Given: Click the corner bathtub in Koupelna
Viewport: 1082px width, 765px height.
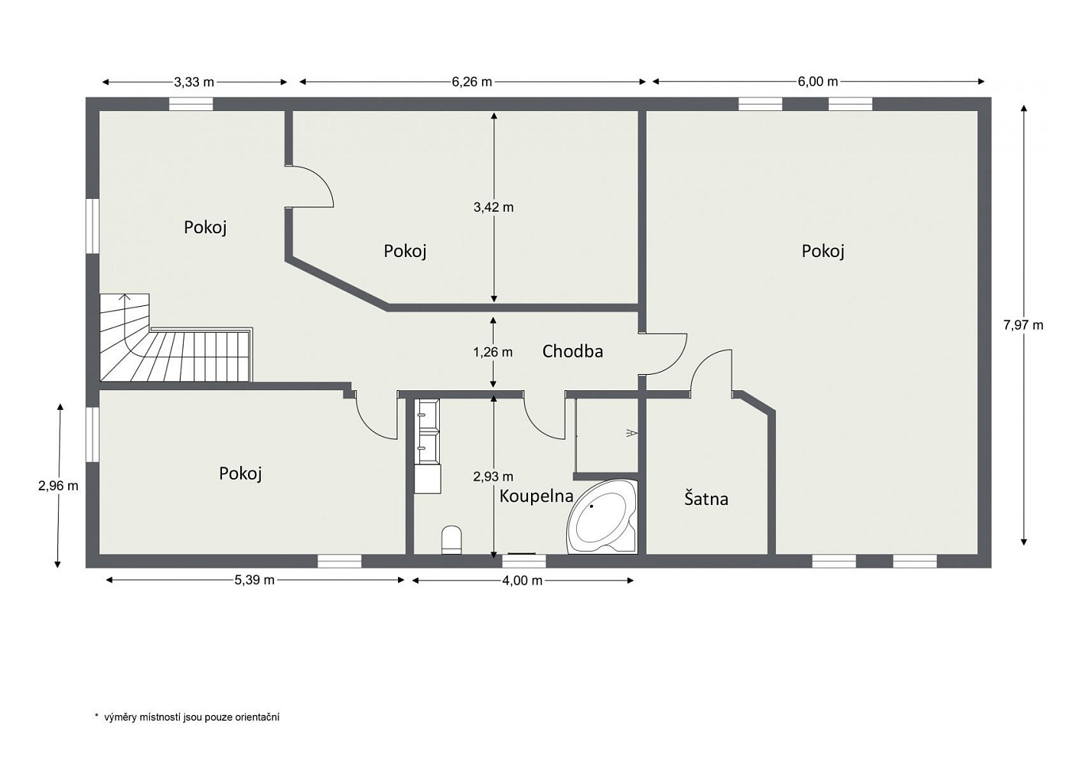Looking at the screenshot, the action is [x=602, y=516].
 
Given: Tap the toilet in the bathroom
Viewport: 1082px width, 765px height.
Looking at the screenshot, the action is [x=451, y=539].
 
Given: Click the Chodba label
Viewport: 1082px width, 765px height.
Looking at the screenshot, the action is [x=572, y=352].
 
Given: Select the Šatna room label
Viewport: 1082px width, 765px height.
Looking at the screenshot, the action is [x=706, y=499].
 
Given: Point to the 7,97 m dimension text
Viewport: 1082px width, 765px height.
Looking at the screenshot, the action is [x=1023, y=326].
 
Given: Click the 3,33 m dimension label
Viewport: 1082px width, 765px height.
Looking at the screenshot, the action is [x=194, y=82].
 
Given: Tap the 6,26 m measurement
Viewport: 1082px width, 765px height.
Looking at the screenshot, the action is [x=472, y=82].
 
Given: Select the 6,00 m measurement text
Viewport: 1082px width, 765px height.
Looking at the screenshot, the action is [x=818, y=82].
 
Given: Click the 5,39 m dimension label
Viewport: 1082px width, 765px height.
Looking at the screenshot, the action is [x=255, y=580].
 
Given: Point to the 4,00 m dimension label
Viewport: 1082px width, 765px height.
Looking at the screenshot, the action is [x=522, y=581].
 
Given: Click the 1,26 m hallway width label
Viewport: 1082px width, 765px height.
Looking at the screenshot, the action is [x=493, y=353].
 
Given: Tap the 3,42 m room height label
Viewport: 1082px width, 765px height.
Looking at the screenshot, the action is [x=494, y=207].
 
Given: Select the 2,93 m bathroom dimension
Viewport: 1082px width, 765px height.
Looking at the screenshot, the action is [x=494, y=477].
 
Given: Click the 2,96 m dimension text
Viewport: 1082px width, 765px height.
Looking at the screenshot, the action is [x=58, y=486].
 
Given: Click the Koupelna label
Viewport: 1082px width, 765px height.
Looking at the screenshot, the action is [x=536, y=496].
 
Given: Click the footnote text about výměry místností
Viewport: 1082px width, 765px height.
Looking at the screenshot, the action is [x=187, y=718].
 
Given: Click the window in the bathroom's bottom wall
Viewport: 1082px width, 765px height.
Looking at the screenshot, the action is [x=524, y=561].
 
